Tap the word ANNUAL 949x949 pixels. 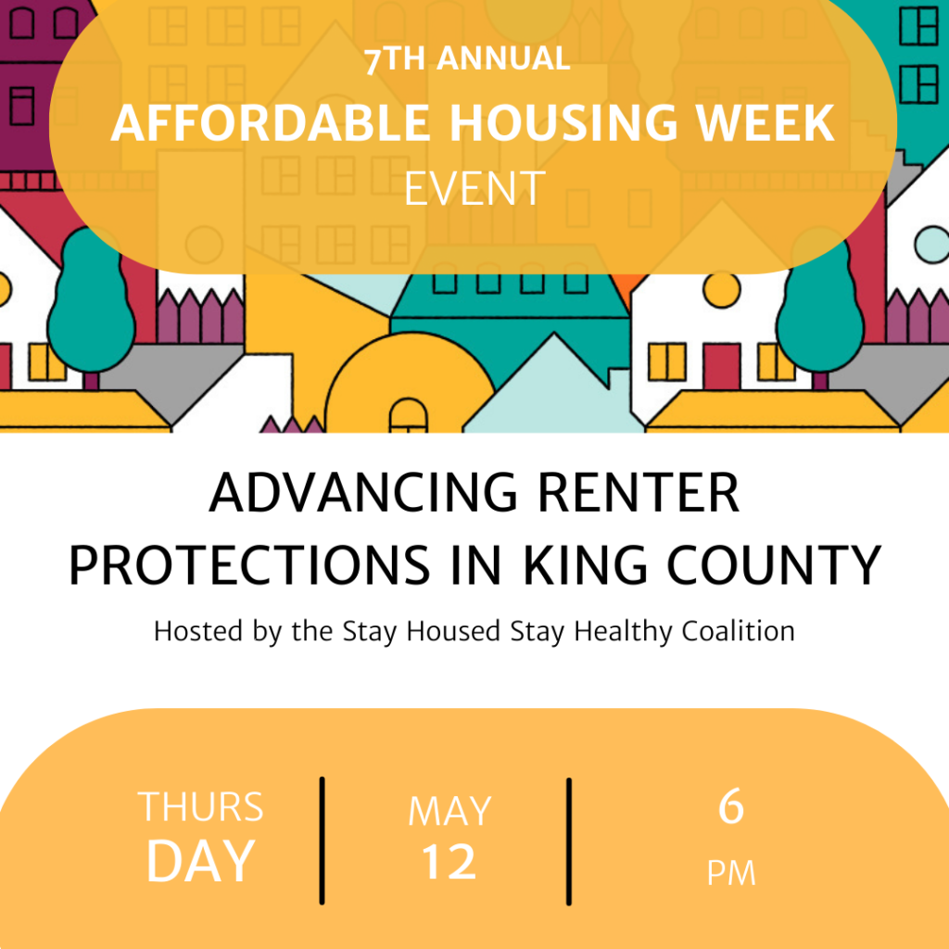click(503, 58)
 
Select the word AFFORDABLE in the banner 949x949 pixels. click(270, 123)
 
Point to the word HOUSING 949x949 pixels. click(563, 123)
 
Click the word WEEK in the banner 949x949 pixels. click(766, 123)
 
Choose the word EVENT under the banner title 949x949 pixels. click(475, 189)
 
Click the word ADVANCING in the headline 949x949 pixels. click(363, 493)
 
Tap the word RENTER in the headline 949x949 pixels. click(639, 493)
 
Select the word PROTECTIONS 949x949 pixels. click(249, 564)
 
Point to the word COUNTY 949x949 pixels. click(774, 564)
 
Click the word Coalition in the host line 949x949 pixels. click(738, 630)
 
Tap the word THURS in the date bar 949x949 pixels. click(201, 807)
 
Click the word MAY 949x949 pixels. click(449, 811)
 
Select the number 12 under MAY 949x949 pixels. click(449, 862)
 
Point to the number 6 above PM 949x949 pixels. click(731, 806)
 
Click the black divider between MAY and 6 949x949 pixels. click(569, 841)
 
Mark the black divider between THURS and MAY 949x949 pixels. click(322, 841)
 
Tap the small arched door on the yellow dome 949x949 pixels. click(408, 416)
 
